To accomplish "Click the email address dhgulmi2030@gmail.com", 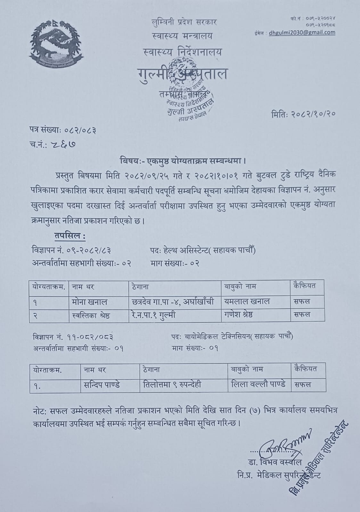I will click(x=302, y=32).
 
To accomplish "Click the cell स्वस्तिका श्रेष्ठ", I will click(x=91, y=315).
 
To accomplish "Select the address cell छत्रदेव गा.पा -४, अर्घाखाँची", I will click(x=173, y=301).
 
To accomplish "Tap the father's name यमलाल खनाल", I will click(x=247, y=301).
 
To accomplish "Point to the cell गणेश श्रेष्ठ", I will click(x=239, y=315).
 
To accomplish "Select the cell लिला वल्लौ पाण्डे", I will click(x=258, y=385).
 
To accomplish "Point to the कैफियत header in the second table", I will click(x=305, y=369).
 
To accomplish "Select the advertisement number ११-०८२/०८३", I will click(x=91, y=337).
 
